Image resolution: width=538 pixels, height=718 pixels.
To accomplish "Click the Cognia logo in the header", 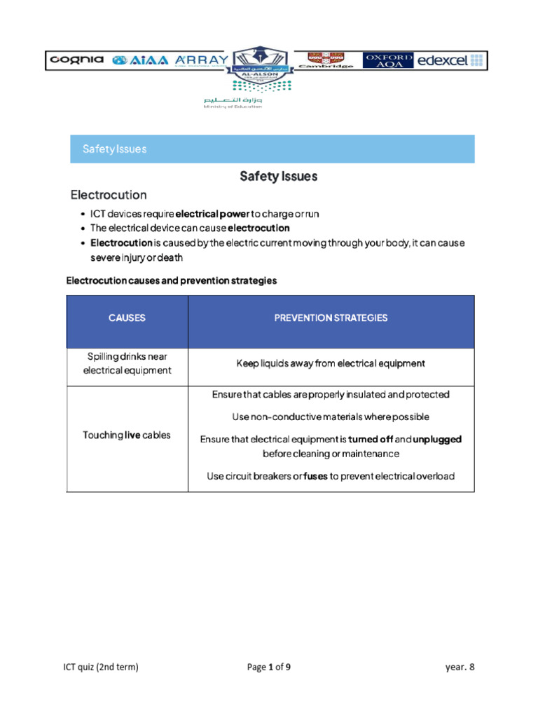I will (76, 60).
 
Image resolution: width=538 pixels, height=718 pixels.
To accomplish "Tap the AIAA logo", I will (140, 60).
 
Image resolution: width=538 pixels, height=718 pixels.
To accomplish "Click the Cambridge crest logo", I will (319, 60).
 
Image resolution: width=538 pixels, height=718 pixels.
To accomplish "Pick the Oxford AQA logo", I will (387, 60).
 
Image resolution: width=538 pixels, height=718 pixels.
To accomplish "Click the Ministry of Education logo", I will (233, 102).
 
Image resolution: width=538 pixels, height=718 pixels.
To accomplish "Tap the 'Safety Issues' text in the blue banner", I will (114, 149).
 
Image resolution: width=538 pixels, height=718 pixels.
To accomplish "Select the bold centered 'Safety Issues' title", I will (278, 177).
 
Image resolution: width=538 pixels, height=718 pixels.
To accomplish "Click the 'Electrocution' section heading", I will (109, 194).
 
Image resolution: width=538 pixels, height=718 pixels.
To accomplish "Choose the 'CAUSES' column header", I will (127, 318).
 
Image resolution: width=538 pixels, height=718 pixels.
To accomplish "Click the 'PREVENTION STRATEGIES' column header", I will (330, 318).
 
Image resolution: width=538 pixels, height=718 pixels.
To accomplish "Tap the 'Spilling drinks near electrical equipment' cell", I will (127, 363).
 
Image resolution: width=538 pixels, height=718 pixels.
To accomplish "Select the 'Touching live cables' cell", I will (127, 435).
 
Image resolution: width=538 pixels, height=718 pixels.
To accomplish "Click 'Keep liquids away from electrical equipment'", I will (330, 363).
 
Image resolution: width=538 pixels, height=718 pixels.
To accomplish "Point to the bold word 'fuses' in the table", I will (315, 476).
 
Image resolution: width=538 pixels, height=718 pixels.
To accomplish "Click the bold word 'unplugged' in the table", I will (437, 439).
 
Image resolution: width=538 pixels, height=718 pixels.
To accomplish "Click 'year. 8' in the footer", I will (460, 667).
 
